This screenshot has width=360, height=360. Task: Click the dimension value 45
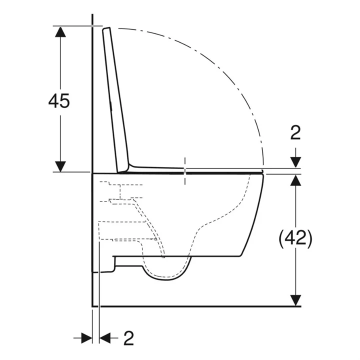59,100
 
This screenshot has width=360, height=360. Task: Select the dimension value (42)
295,238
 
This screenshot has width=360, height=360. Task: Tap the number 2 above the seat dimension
295,132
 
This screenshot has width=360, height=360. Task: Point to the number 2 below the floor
128,338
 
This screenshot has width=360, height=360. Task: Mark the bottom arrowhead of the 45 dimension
60,165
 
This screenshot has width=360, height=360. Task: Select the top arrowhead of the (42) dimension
296,180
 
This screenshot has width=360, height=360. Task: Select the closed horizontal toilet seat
210,171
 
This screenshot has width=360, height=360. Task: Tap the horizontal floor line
200,305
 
